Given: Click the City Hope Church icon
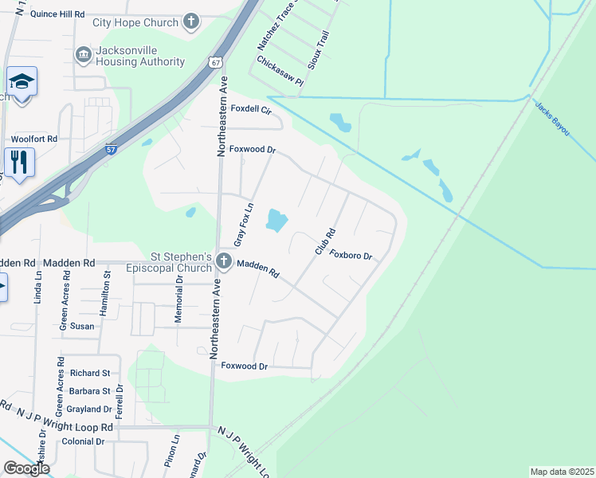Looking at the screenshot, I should click(191, 22).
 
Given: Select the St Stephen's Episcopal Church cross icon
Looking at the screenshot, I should click(224, 261).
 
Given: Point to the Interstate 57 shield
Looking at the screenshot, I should click(111, 149).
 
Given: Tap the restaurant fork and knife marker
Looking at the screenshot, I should click(19, 162).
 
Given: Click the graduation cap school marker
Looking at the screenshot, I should click(22, 82).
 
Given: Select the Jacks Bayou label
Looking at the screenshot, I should click(552, 118).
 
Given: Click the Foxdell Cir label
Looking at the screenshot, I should click(252, 111).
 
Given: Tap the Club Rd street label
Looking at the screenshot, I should click(323, 241).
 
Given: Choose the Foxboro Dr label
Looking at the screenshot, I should click(351, 256).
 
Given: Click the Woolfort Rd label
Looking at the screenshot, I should click(33, 139).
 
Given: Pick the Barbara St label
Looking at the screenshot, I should click(89, 391).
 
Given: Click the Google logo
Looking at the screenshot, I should click(26, 468).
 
